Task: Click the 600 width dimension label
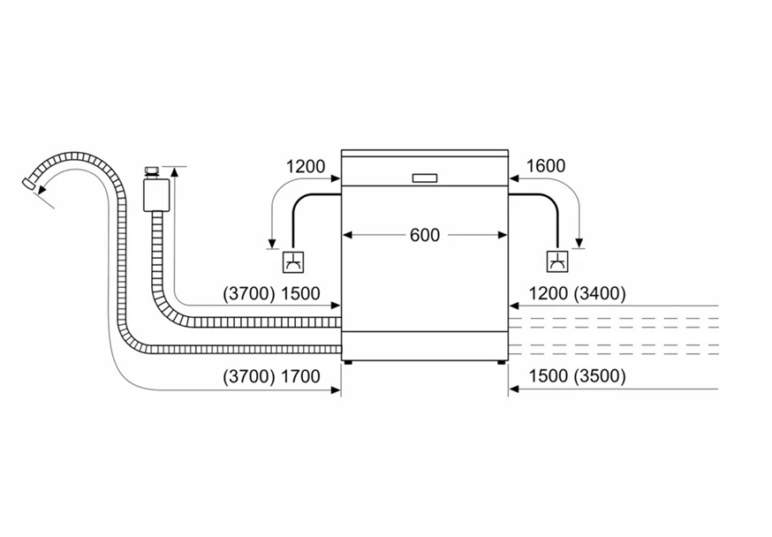coord(425,235)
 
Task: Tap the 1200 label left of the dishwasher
coord(306,166)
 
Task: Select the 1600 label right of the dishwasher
coord(546,166)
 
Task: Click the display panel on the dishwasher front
coord(425,178)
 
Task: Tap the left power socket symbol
coord(293,262)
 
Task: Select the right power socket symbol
coord(557,262)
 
